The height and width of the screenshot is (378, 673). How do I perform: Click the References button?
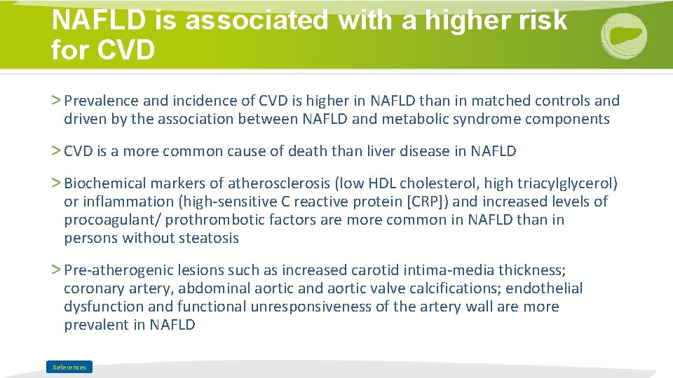(69, 367)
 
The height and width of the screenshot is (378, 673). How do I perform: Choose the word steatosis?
(208, 238)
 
